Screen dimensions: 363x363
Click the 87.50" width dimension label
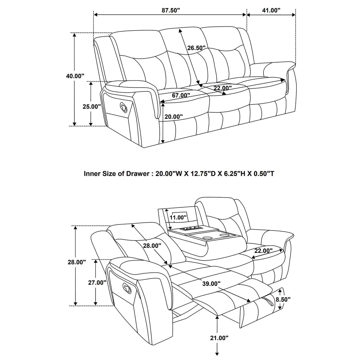click(x=171, y=10)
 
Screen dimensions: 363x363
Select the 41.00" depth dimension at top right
click(x=271, y=10)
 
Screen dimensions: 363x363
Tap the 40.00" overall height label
click(x=75, y=76)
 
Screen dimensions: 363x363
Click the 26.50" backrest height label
click(x=196, y=48)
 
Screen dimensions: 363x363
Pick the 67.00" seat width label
click(x=181, y=95)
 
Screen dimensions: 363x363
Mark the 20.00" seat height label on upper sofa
click(x=174, y=116)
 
